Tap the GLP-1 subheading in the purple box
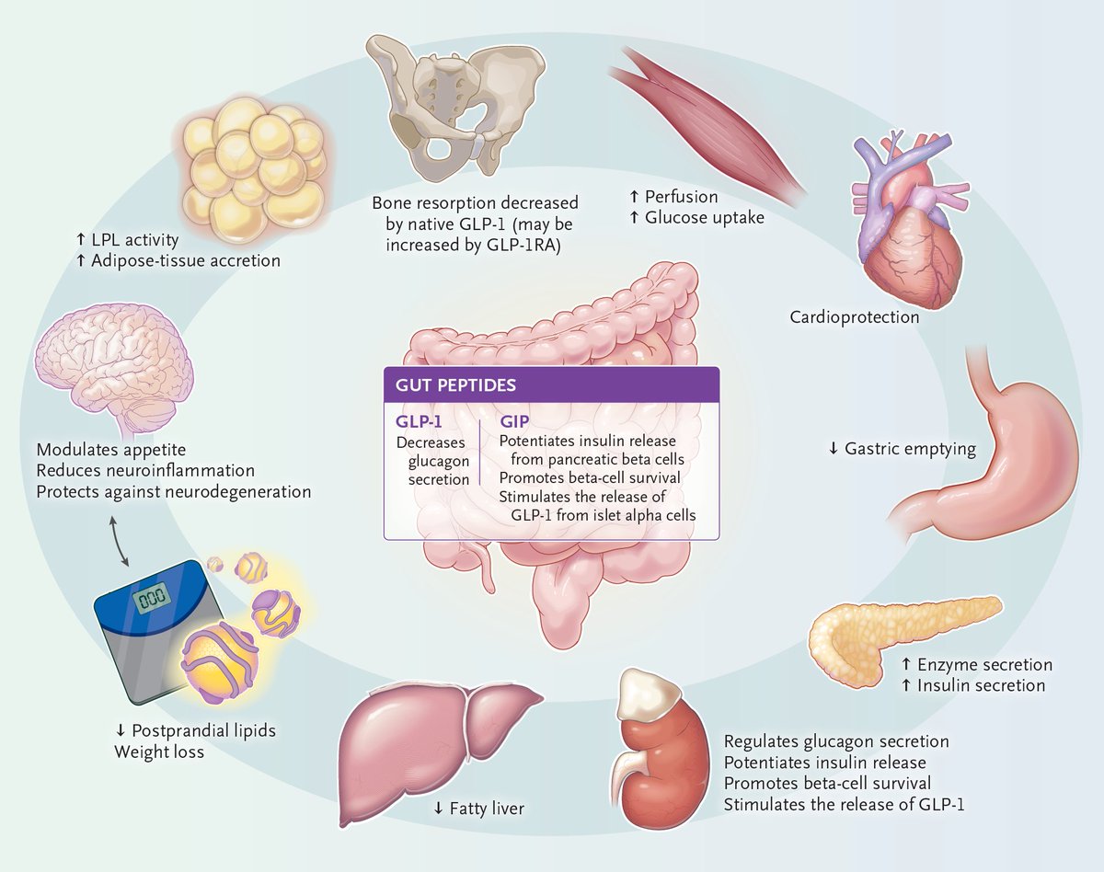point(420,421)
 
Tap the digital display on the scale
point(150,601)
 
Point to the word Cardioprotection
point(854,317)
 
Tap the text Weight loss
point(159,752)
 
